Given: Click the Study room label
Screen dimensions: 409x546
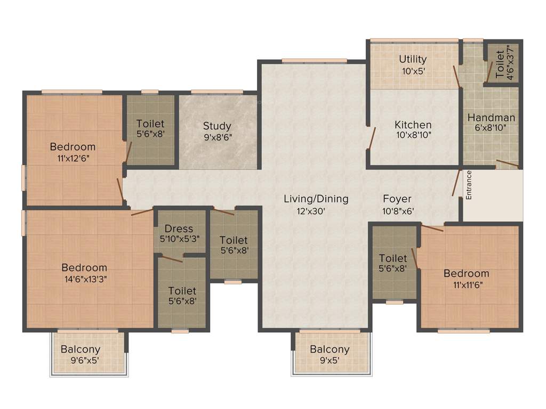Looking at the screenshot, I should [x=217, y=126].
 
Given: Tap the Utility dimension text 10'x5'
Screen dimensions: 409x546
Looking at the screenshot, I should [x=413, y=70].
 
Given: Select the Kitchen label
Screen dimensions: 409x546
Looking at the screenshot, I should [x=413, y=125].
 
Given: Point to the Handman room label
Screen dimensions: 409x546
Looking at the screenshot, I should [x=491, y=118].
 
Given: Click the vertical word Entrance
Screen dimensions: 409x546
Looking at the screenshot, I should [x=469, y=184].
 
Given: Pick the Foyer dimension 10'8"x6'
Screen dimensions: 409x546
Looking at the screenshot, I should [x=398, y=211].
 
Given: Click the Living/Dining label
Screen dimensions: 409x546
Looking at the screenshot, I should [x=316, y=199].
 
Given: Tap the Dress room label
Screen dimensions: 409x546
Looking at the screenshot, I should [x=179, y=228].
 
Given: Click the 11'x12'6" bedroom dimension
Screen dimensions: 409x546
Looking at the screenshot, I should [x=73, y=158].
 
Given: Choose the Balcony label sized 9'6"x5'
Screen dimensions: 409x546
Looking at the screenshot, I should [x=81, y=349].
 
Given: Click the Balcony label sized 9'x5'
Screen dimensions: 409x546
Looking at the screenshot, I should [x=330, y=349].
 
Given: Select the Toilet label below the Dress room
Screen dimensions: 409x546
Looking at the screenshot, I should [x=182, y=291].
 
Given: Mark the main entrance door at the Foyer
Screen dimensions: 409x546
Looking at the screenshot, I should [x=456, y=183].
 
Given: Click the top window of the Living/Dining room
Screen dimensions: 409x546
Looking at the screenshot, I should [x=311, y=60].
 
